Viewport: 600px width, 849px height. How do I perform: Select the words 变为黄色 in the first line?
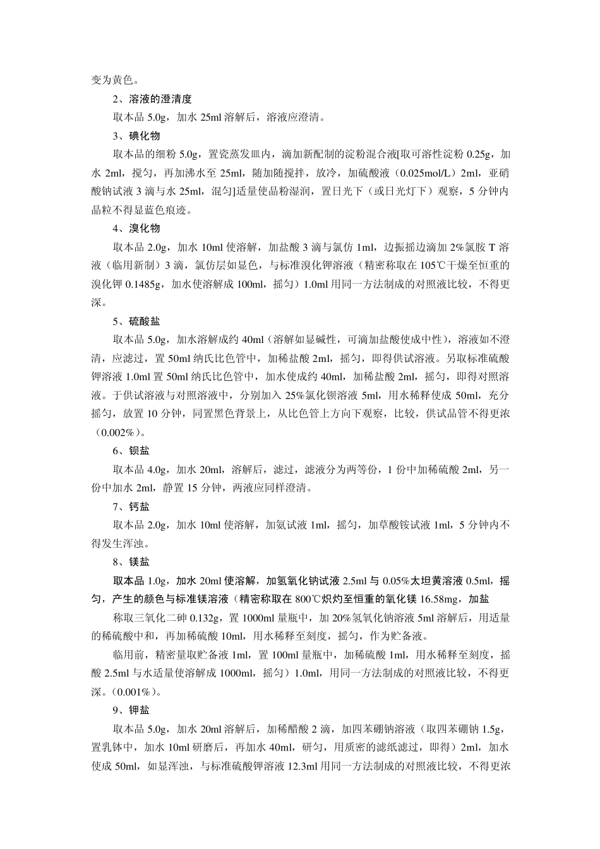point(112,80)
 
